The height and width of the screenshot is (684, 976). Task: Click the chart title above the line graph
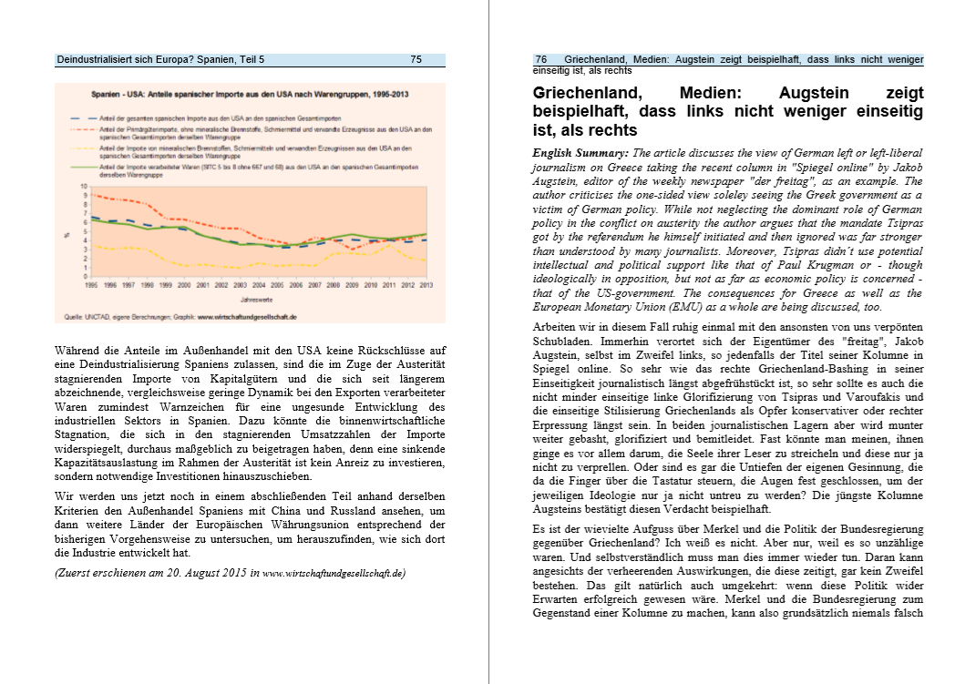click(249, 95)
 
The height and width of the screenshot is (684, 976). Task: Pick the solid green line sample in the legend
click(83, 168)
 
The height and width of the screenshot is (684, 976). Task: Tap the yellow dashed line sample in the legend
click(83, 148)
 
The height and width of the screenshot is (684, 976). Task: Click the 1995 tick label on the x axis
click(92, 285)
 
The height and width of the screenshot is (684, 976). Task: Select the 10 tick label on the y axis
click(84, 185)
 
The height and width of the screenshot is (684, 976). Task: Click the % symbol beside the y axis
click(67, 234)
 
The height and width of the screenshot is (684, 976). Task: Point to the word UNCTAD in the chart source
click(92, 316)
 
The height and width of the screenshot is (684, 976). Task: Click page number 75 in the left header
click(416, 60)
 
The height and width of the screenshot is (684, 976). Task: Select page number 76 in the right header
click(540, 60)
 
